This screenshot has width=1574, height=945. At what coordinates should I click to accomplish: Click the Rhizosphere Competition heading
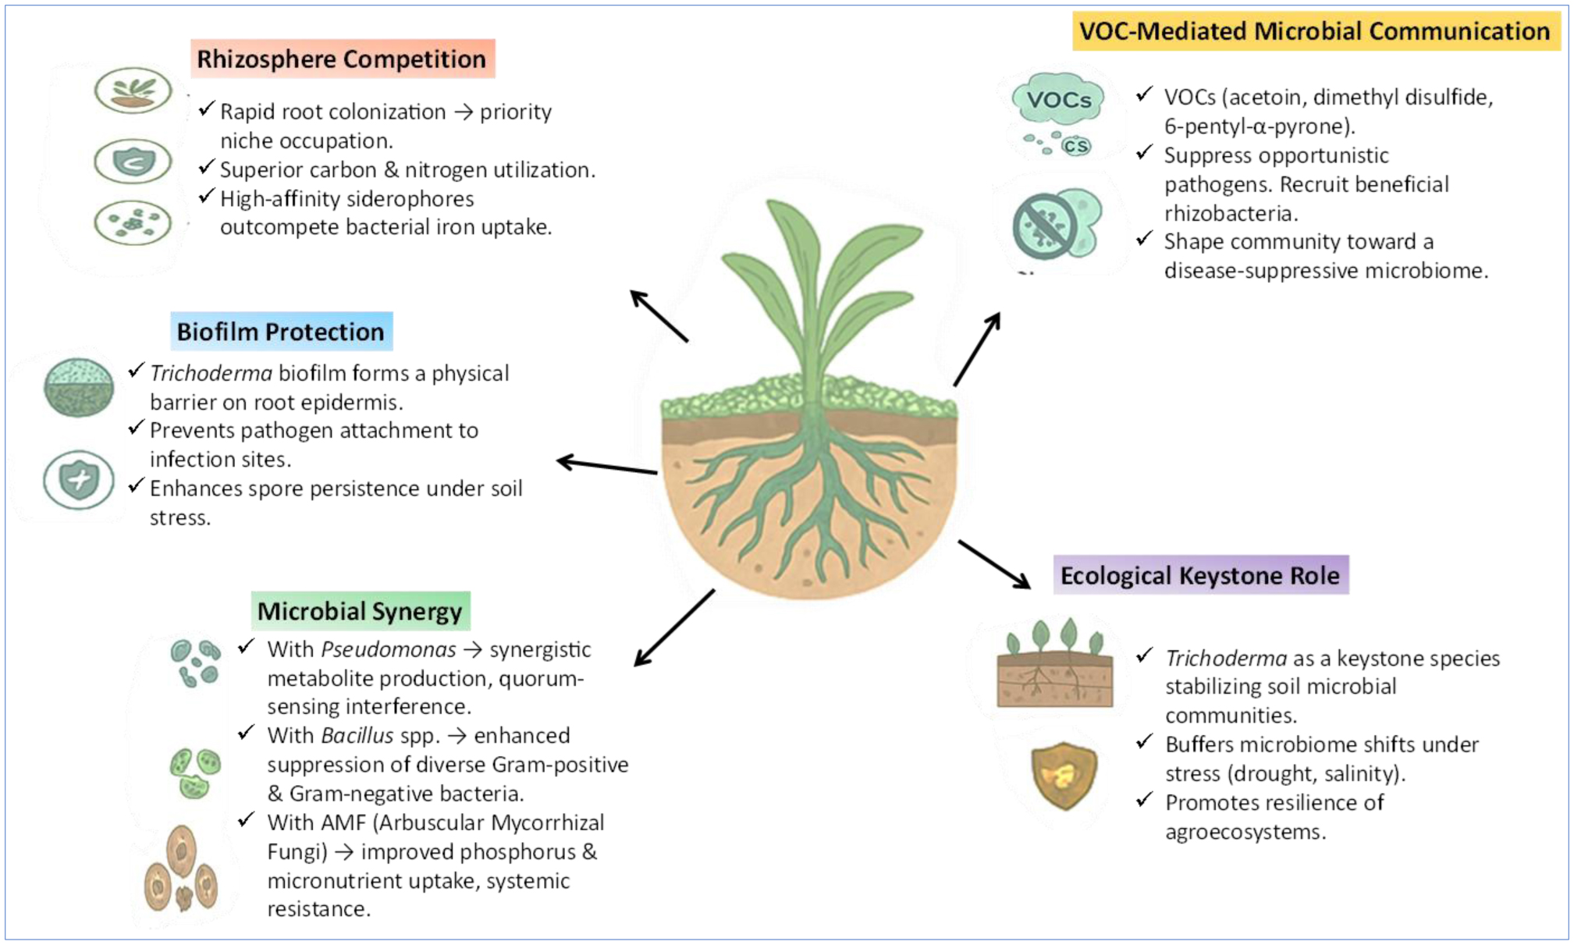[341, 59]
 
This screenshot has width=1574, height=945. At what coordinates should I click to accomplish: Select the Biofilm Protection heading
[280, 332]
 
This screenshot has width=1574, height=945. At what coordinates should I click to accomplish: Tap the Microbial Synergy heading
[360, 611]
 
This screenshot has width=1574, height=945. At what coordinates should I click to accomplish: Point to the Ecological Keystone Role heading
[1199, 576]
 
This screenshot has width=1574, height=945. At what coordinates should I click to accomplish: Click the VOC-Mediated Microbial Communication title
[1314, 31]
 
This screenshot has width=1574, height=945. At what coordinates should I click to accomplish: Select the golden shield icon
[1063, 775]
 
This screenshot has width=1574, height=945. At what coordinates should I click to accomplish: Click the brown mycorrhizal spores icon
[181, 870]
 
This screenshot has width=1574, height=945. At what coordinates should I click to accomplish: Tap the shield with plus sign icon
[79, 479]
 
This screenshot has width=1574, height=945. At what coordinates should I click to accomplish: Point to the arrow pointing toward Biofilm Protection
[607, 466]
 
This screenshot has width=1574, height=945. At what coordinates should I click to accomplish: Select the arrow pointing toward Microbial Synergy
[674, 627]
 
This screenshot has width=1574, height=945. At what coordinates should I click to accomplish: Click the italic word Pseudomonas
[388, 650]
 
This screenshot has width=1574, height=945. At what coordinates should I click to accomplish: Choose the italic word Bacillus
[357, 736]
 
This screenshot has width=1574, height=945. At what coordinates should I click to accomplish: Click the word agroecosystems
[1245, 832]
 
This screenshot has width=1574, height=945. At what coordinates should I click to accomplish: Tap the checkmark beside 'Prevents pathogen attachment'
[137, 428]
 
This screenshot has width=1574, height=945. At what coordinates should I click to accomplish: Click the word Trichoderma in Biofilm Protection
[211, 374]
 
